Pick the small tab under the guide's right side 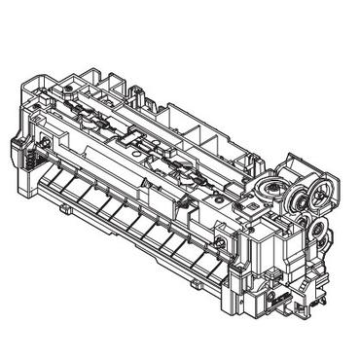[195, 282]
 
